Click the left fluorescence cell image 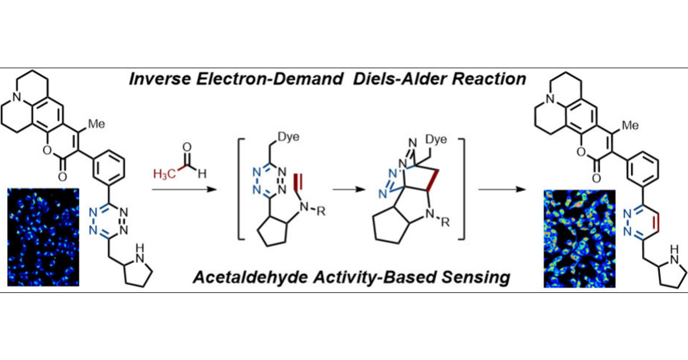point(43,237)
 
